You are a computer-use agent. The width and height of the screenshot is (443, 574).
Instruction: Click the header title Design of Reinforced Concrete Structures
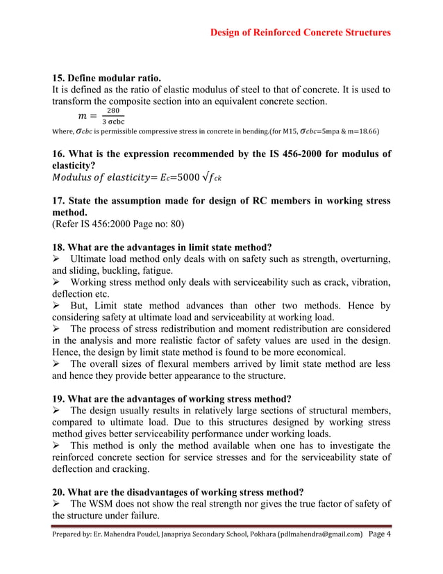point(300,32)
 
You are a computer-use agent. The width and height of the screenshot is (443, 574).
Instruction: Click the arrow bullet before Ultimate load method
point(58,259)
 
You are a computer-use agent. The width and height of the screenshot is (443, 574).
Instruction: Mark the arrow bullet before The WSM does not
point(58,503)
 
